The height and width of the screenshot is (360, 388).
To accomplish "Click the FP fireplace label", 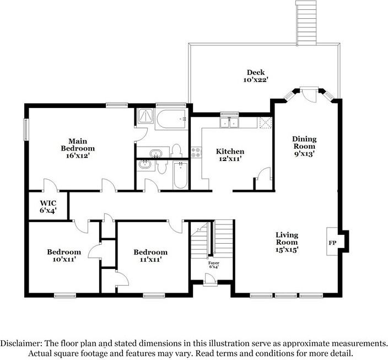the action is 332,243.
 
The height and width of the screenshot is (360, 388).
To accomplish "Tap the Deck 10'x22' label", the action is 256,76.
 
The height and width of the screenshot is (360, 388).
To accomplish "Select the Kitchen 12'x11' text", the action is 230,155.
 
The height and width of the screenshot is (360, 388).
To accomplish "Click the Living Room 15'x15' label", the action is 287,242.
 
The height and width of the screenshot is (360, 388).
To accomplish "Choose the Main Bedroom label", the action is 78,148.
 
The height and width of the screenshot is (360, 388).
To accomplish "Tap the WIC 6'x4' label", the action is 48,207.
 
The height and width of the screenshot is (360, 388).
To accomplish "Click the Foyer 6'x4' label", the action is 213,265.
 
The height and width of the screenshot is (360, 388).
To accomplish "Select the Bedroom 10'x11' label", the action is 64,255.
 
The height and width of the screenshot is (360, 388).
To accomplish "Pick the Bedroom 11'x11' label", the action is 150,256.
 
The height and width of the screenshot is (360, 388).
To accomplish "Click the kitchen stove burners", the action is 196,152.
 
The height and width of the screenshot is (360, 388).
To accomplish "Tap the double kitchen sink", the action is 229,122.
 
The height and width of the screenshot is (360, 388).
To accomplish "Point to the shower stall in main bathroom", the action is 145,116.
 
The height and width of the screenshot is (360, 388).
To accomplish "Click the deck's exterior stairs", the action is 306,23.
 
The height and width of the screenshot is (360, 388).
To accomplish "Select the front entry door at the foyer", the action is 210,280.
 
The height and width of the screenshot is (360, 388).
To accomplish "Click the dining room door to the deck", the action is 309,94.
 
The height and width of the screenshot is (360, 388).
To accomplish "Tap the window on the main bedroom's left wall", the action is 26,130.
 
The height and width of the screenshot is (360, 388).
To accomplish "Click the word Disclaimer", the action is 20,343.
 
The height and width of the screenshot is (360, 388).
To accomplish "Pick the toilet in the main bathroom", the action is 176,151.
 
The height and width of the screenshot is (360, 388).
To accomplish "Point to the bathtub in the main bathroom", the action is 171,120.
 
